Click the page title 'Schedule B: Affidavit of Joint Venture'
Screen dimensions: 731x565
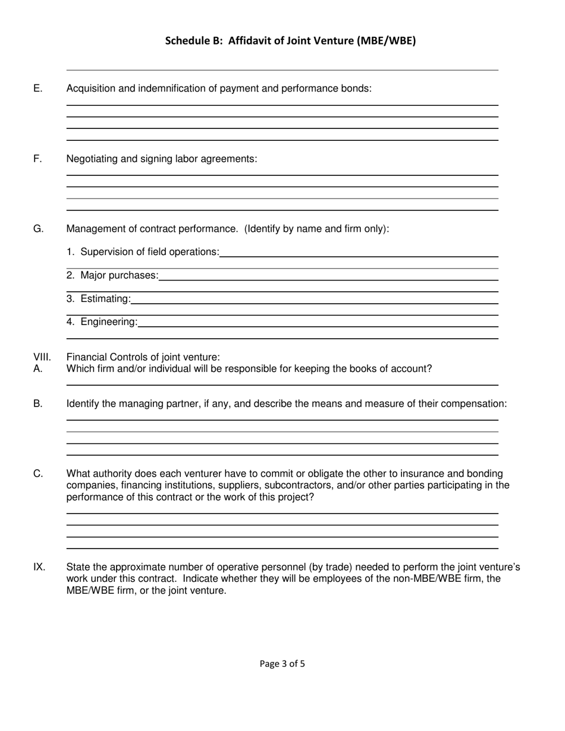[290, 41]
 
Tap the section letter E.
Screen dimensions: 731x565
[38, 89]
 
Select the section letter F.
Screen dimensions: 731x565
[37, 159]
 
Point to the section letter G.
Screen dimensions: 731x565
[38, 229]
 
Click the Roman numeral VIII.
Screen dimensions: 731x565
[42, 357]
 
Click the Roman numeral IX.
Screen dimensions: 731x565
[39, 567]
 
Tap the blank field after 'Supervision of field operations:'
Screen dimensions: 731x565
[359, 252]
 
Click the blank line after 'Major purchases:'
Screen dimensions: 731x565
[328, 275]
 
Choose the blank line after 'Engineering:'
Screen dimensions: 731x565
[318, 322]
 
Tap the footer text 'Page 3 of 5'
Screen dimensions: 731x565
[282, 664]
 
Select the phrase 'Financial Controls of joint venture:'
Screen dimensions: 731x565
[143, 357]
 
